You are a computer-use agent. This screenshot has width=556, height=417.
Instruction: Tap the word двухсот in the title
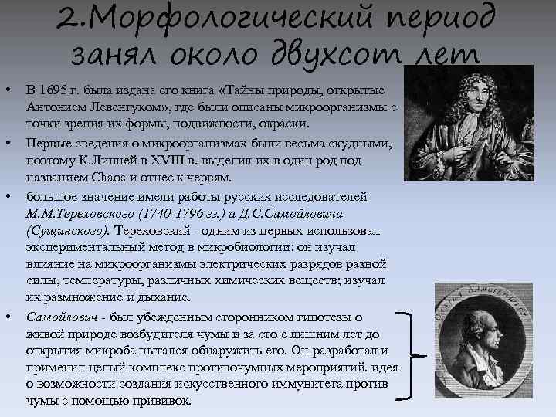(x=343, y=55)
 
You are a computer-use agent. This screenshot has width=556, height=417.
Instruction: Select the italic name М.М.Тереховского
(x=75, y=212)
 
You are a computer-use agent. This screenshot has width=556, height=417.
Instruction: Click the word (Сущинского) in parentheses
(x=69, y=229)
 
